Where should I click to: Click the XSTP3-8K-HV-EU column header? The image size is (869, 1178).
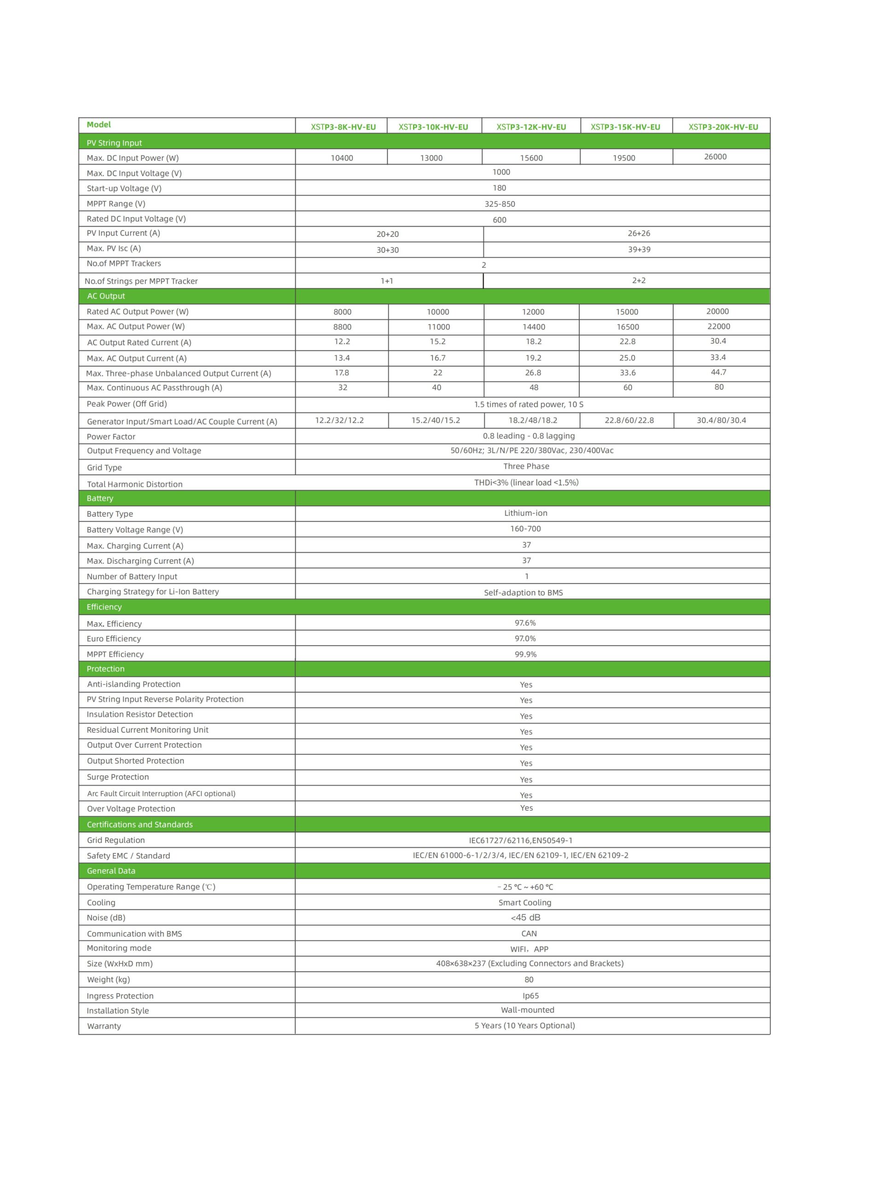click(343, 127)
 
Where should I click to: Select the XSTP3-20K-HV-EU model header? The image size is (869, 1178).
click(723, 127)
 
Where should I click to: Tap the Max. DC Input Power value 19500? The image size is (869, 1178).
click(624, 158)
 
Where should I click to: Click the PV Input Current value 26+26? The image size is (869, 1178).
click(639, 233)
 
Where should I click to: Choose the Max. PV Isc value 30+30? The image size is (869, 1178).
click(388, 250)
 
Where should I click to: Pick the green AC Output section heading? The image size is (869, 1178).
click(106, 296)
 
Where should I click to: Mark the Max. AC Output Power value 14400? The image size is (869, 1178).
click(533, 327)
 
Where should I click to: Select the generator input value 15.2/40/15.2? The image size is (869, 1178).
click(436, 421)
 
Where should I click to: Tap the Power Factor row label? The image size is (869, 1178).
click(111, 437)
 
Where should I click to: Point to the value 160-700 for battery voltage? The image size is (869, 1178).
click(525, 529)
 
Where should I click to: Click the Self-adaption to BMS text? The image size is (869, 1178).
click(524, 592)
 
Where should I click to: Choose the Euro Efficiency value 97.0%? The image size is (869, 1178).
click(525, 638)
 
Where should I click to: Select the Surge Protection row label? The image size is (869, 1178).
click(118, 777)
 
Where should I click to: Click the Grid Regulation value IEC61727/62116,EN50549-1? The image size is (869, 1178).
click(521, 840)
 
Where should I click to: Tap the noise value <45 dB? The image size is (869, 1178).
click(525, 918)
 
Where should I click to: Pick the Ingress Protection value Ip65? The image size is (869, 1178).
click(531, 995)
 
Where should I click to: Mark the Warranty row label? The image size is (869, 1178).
click(104, 1026)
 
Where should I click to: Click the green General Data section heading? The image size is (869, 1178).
click(111, 871)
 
